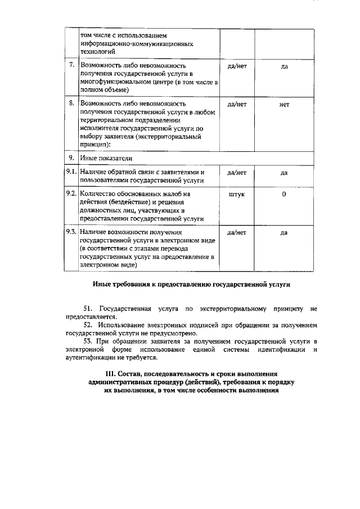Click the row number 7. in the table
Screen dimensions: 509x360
point(71,66)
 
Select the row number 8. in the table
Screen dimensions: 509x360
point(71,104)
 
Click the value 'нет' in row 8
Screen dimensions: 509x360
point(283,105)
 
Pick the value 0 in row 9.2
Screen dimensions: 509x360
point(283,194)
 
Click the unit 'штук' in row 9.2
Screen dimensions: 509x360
point(237,194)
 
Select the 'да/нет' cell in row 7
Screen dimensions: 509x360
point(237,66)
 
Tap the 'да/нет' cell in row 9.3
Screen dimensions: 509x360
point(237,232)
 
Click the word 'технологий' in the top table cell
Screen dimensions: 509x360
point(98,51)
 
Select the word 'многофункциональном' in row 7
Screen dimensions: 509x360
point(115,82)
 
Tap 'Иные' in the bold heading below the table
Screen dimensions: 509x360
point(102,285)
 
